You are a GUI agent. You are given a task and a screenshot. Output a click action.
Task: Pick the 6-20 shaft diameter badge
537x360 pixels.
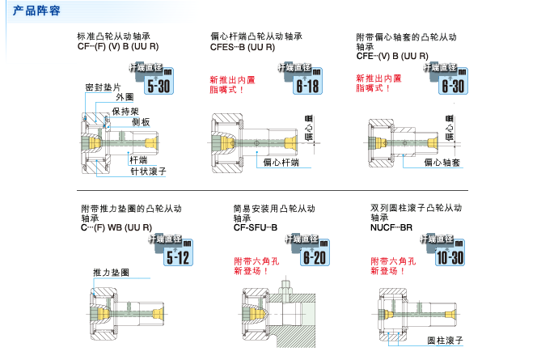(x=314, y=256)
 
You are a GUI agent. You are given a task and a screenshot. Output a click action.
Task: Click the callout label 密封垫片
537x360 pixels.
(x=103, y=87)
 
